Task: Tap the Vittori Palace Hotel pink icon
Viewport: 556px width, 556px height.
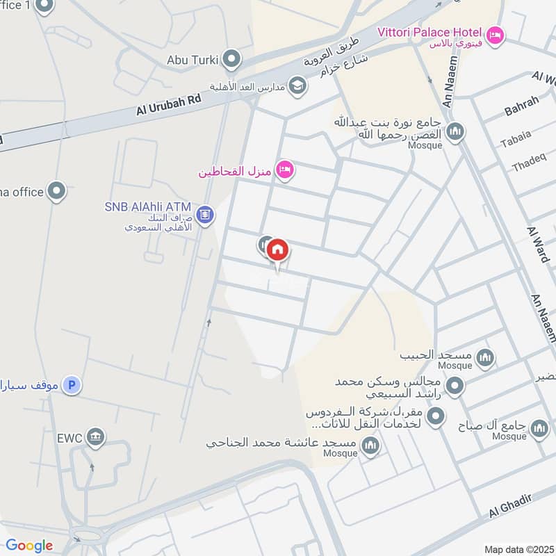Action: tap(495, 34)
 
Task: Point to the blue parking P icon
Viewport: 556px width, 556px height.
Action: tap(70, 384)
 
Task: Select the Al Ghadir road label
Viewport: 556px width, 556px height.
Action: tap(511, 505)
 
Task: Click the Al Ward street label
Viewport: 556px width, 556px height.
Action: tap(539, 244)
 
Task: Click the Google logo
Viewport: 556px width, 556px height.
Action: tap(29, 546)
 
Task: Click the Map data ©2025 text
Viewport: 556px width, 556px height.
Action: tap(518, 548)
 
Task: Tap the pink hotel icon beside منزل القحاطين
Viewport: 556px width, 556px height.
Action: tap(284, 169)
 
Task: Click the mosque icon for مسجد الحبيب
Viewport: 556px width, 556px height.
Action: tap(485, 357)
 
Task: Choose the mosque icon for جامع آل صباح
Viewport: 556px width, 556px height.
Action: tap(539, 430)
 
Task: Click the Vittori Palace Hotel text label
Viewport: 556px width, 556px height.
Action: tap(430, 33)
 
